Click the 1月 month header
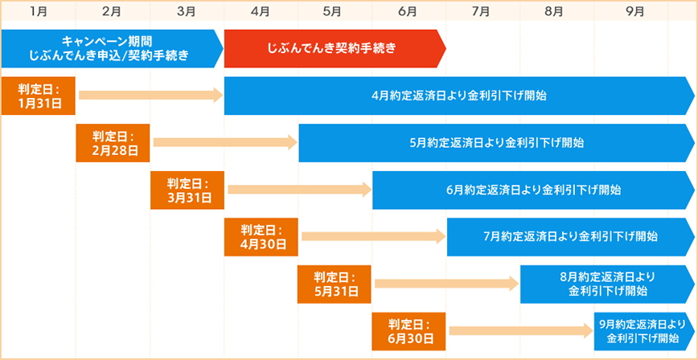click(x=39, y=11)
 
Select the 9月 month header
click(x=634, y=11)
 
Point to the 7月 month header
click(x=481, y=11)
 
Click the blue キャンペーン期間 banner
click(x=109, y=48)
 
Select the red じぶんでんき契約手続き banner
click(x=332, y=48)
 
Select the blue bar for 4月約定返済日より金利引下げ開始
click(x=458, y=96)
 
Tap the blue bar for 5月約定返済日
click(x=495, y=143)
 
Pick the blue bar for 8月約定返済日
click(x=606, y=284)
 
